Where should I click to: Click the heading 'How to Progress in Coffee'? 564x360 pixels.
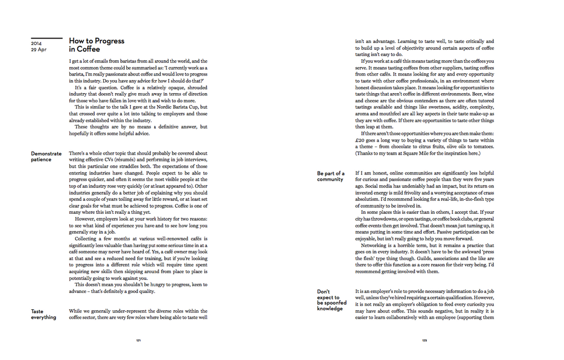96,45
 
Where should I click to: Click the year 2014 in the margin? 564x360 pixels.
37,43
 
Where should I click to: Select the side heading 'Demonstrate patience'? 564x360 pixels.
46,156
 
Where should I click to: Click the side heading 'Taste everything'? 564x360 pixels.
43,314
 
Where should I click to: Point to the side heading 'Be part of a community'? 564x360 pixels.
331,176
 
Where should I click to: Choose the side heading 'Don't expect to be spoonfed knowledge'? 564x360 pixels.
329,300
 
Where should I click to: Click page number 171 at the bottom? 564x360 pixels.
139,341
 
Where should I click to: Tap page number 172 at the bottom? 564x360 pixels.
425,341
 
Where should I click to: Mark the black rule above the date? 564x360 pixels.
46,38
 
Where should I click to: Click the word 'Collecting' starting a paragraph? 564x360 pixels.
89,239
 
